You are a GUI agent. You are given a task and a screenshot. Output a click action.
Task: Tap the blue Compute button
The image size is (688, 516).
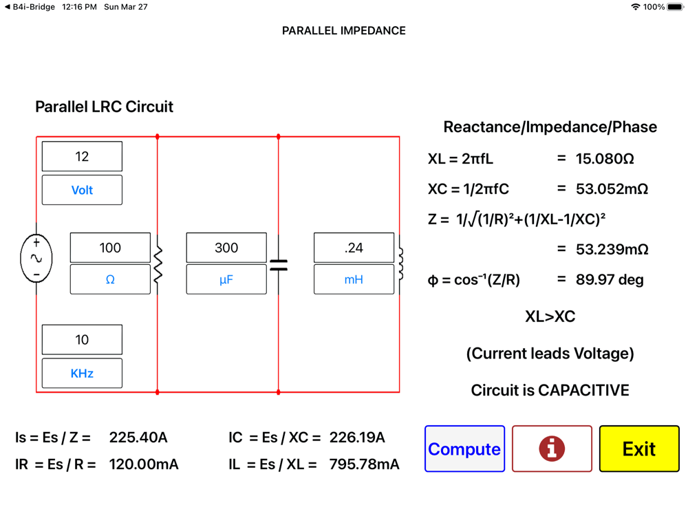464,449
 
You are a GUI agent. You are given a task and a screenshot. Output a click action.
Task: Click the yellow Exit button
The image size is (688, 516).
638,449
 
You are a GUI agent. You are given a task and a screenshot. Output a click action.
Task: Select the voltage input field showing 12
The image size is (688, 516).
82,157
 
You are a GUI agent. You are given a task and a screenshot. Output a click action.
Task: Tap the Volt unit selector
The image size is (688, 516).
82,190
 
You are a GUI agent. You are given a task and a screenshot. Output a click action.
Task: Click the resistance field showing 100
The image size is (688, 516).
110,248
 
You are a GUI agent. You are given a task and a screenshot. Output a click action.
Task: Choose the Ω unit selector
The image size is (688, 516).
110,279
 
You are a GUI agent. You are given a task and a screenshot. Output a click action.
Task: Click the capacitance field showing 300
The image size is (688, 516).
226,248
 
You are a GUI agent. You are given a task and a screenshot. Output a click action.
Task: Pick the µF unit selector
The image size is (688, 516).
226,279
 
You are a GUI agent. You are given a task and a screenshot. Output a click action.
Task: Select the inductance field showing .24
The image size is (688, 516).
354,248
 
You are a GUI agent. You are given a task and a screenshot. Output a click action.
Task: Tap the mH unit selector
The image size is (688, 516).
354,279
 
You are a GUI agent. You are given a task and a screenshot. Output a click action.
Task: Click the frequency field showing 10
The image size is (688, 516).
82,340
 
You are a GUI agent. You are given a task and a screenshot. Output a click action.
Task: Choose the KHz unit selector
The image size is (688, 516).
82,373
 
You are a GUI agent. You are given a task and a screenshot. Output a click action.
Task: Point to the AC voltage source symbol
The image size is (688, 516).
36,259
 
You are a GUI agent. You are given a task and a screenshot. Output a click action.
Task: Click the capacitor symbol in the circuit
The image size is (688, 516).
279,264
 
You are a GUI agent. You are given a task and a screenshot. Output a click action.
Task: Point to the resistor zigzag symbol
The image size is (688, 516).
158,264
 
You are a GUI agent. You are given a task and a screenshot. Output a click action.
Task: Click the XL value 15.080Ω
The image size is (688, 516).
605,159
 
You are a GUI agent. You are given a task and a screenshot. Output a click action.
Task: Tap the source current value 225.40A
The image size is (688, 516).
138,438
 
